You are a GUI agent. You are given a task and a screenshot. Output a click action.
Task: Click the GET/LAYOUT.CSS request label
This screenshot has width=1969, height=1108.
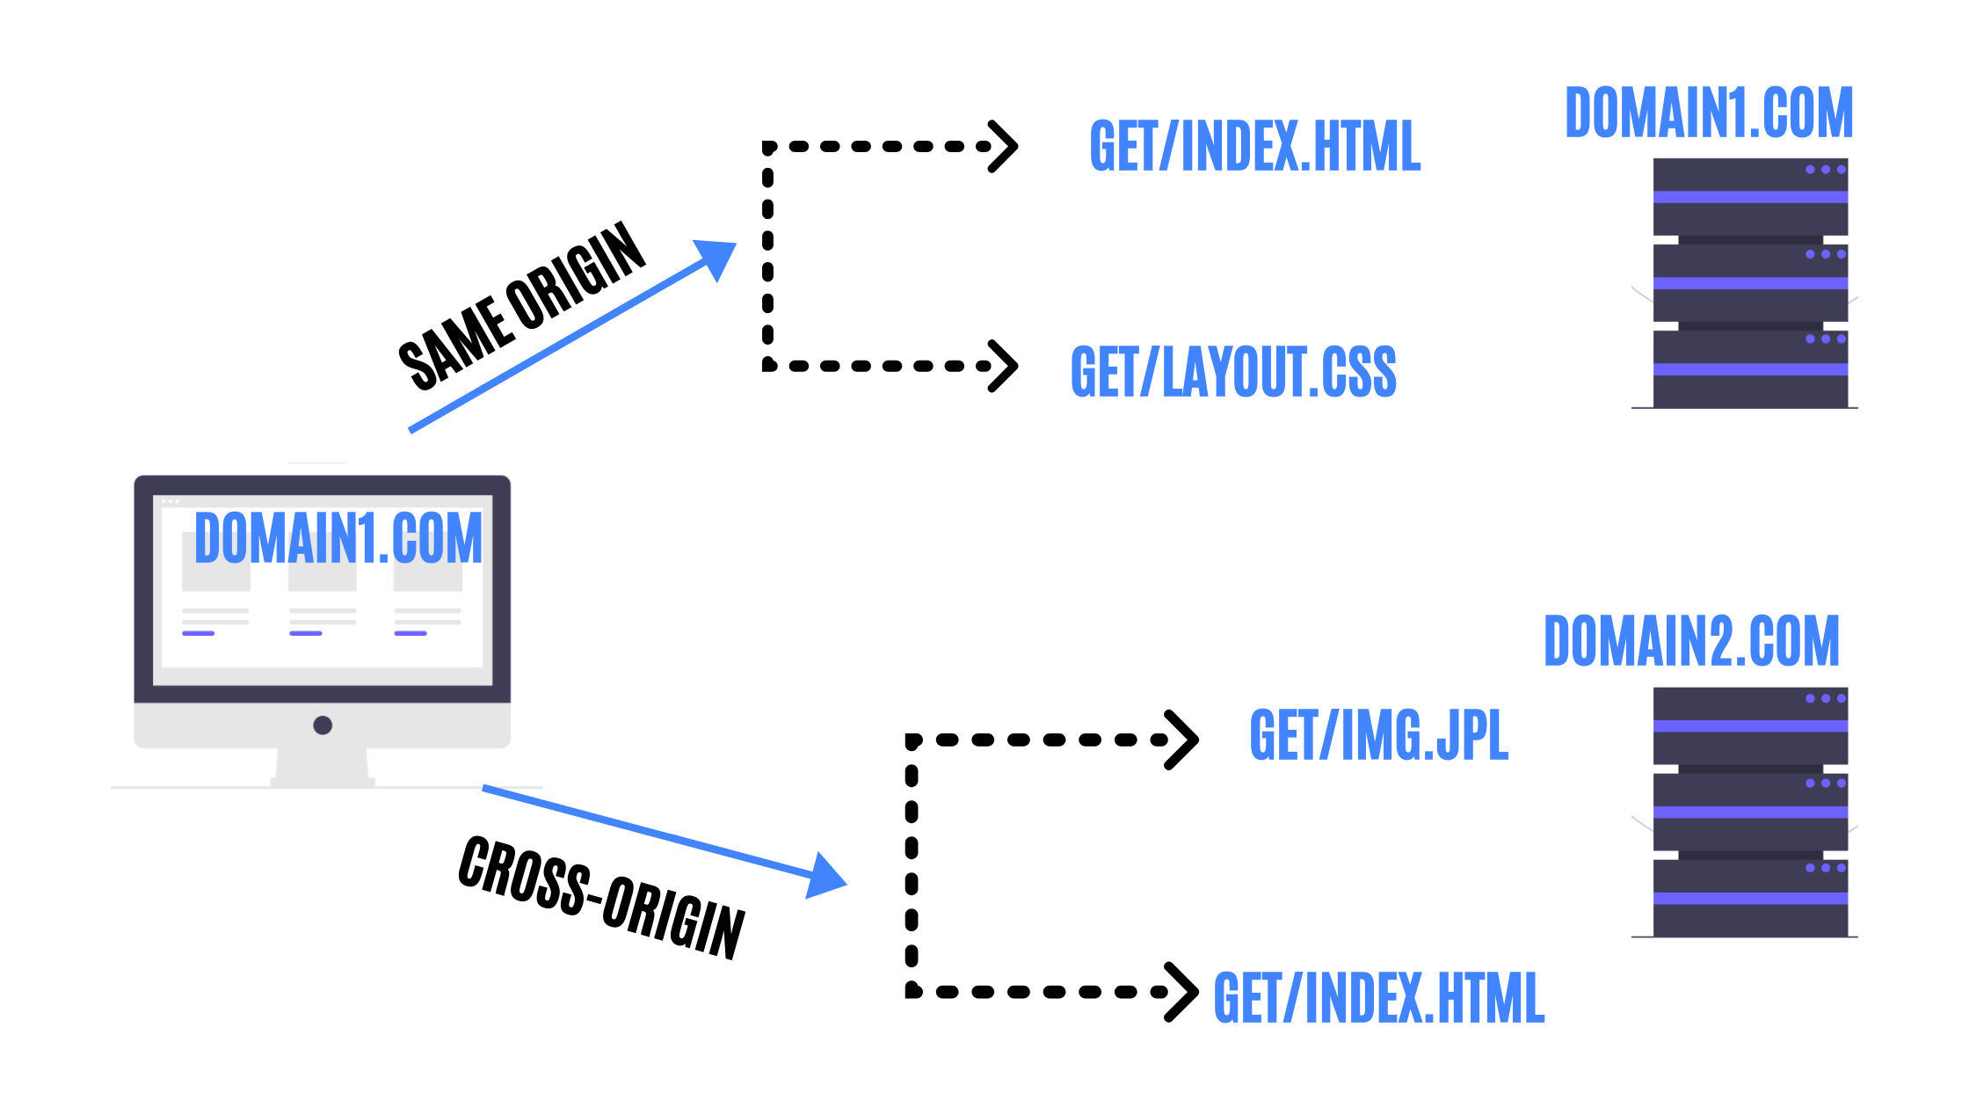[1232, 372]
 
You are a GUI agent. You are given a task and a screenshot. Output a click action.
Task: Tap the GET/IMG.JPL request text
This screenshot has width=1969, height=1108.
[1378, 735]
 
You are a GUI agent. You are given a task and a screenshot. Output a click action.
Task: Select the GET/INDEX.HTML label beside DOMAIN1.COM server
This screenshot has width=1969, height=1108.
[1254, 146]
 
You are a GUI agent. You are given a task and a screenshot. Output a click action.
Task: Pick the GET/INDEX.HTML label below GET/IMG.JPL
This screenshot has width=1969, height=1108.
[1378, 998]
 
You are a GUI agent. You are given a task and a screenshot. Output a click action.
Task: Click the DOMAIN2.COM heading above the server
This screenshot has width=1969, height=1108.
[1691, 641]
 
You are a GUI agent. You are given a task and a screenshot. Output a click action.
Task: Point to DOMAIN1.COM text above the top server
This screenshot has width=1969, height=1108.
[1709, 113]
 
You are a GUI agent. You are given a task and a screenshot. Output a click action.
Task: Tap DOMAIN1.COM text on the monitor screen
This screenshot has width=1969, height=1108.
[338, 538]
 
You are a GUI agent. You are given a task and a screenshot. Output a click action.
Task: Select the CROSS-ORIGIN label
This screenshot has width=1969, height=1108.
[601, 897]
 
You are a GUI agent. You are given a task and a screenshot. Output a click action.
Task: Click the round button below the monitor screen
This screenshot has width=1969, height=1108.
[323, 725]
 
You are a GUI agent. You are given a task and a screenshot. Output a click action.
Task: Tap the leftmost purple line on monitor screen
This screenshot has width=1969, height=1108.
[199, 633]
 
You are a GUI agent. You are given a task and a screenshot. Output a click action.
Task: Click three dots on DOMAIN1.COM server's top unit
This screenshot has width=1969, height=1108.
[1825, 170]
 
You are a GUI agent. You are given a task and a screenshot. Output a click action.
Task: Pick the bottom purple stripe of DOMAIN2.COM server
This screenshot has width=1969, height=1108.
[1749, 898]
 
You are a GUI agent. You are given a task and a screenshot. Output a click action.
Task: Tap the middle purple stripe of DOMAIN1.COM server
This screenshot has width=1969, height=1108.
[1749, 283]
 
